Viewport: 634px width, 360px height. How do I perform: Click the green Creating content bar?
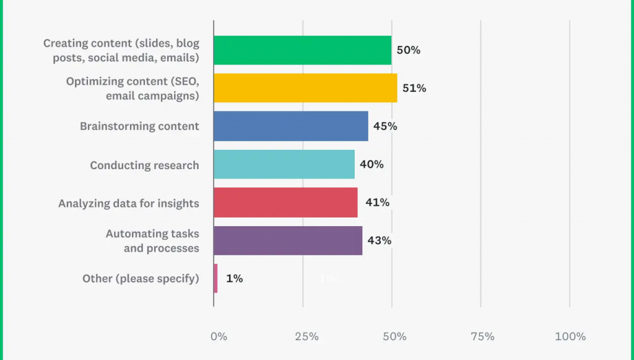click(x=302, y=50)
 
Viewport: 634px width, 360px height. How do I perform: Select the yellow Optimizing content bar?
click(x=305, y=88)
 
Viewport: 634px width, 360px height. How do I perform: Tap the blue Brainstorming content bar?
click(x=291, y=126)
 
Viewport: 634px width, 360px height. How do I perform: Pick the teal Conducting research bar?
click(x=284, y=164)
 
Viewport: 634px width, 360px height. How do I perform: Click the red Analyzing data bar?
click(x=285, y=203)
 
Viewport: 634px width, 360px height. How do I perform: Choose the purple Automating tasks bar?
click(x=288, y=240)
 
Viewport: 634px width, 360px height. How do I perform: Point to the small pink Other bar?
click(x=215, y=279)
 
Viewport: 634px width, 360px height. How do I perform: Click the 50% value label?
click(x=408, y=50)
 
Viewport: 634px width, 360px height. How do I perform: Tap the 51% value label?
click(x=414, y=88)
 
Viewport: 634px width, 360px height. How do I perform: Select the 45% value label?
click(x=384, y=126)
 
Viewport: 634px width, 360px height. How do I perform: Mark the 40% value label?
click(x=371, y=164)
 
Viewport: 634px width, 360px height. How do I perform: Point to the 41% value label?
click(x=377, y=203)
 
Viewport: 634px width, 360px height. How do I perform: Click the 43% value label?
click(x=379, y=240)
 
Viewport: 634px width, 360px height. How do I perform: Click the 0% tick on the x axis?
click(x=219, y=336)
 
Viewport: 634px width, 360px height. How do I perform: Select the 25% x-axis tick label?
click(x=306, y=336)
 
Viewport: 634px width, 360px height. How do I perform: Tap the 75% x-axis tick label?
click(x=482, y=336)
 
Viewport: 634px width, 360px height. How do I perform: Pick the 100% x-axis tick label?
click(x=570, y=336)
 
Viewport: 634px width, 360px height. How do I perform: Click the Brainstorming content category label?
click(x=139, y=126)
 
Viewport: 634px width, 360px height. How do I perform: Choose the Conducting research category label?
click(x=144, y=165)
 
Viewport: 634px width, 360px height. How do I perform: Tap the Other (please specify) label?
click(x=141, y=279)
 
